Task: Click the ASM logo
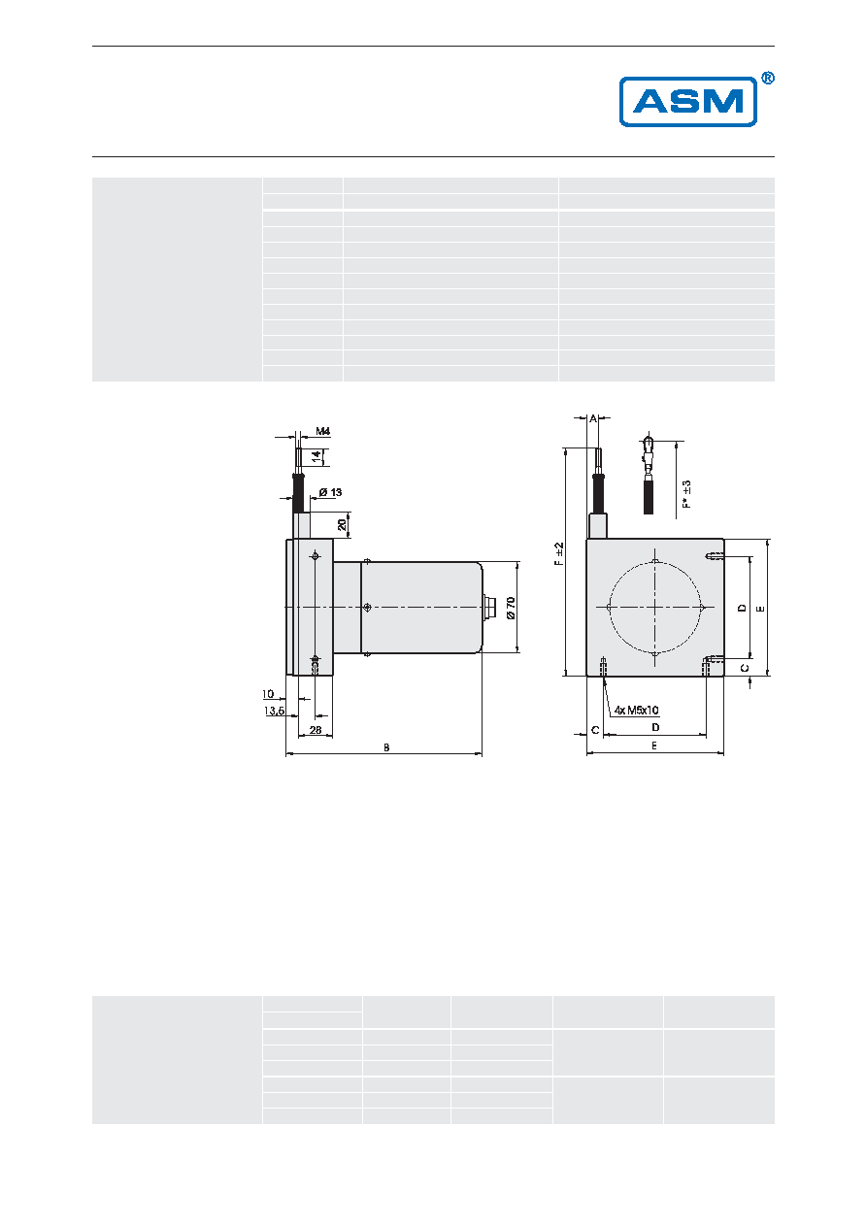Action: (687, 102)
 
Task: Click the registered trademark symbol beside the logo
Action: (768, 79)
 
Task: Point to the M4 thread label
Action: (323, 431)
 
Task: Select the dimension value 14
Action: (316, 457)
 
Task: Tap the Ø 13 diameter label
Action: (331, 492)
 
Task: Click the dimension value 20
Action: (342, 524)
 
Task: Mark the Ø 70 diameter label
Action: (511, 608)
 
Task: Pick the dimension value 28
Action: (316, 730)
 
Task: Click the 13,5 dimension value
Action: (274, 711)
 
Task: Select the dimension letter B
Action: (386, 747)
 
